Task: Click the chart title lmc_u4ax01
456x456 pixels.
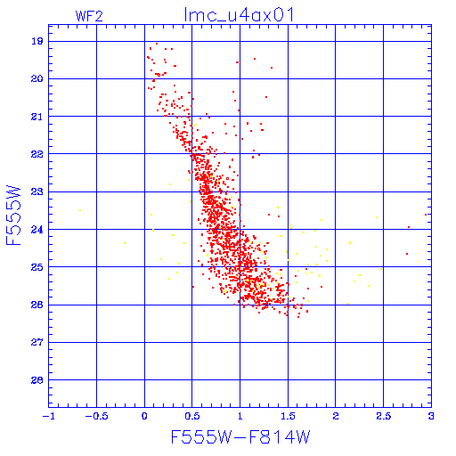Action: coord(239,15)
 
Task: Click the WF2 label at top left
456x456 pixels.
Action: coord(89,16)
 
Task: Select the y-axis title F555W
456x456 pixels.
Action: coord(13,216)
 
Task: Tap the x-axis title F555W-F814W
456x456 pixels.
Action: coord(240,436)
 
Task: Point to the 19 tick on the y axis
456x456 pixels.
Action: coord(37,41)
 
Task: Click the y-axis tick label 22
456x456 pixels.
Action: coord(37,154)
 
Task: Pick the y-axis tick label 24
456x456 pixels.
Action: coord(37,230)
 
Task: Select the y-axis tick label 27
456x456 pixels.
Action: coord(37,342)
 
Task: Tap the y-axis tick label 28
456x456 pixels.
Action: coord(37,380)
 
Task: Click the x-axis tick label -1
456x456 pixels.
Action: coord(48,416)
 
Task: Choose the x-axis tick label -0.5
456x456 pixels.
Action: coord(96,416)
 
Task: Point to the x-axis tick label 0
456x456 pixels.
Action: coord(144,416)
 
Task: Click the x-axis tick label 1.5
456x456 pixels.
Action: coord(288,416)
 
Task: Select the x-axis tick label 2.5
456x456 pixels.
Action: coord(384,416)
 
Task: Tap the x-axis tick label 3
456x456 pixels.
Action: coord(431,416)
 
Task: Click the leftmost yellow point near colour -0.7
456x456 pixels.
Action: coord(80,210)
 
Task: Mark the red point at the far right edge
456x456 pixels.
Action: coord(426,215)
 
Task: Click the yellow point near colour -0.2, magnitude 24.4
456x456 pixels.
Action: coord(125,243)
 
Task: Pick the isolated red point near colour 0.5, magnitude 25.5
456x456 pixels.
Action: coord(193,287)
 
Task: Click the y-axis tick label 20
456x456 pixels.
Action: coord(37,78)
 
